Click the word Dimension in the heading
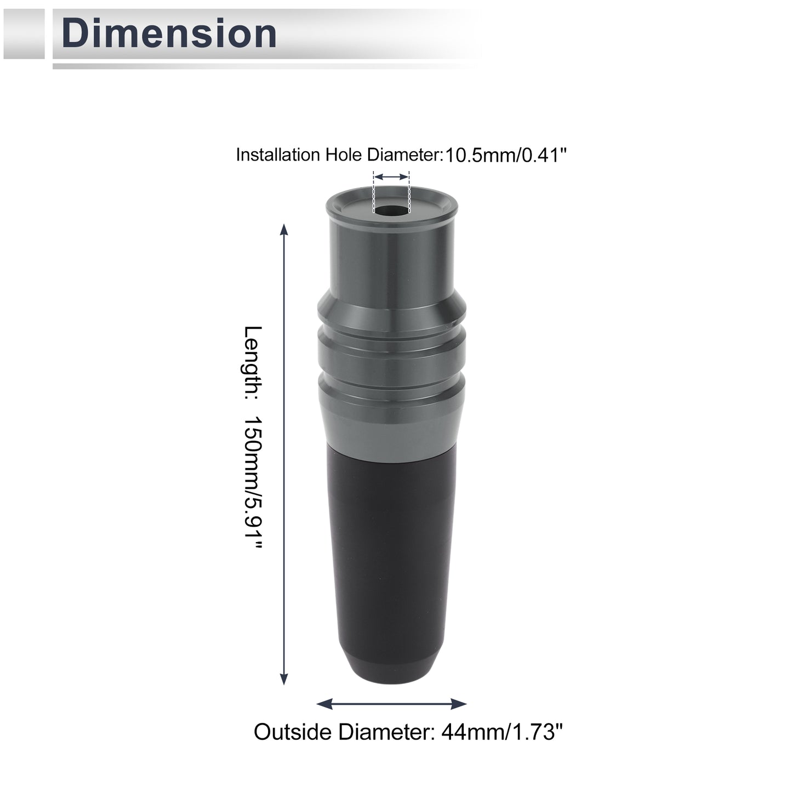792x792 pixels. pos(169,33)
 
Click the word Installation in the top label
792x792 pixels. pos(278,155)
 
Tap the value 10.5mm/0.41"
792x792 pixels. pos(506,155)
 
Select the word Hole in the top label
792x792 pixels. pos(344,155)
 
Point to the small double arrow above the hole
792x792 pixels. pos(392,177)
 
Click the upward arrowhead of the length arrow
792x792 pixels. pos(283,230)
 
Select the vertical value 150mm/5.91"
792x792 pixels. pos(252,483)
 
